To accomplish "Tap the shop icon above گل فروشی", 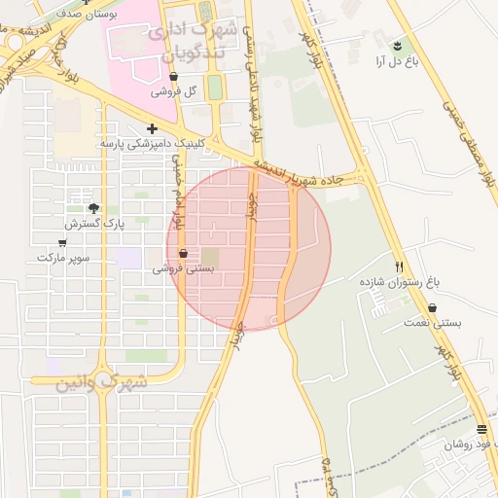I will [174, 76].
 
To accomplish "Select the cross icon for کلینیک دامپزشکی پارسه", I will [152, 128].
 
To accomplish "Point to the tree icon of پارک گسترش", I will [93, 208].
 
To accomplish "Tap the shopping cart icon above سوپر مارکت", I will [62, 243].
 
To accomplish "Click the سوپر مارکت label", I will [63, 258].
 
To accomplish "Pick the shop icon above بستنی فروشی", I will [184, 254].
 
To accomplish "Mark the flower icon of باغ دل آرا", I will [397, 46].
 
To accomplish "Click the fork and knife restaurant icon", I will [399, 266].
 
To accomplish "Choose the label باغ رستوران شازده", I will [400, 281].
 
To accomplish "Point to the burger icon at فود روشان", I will [481, 429].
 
